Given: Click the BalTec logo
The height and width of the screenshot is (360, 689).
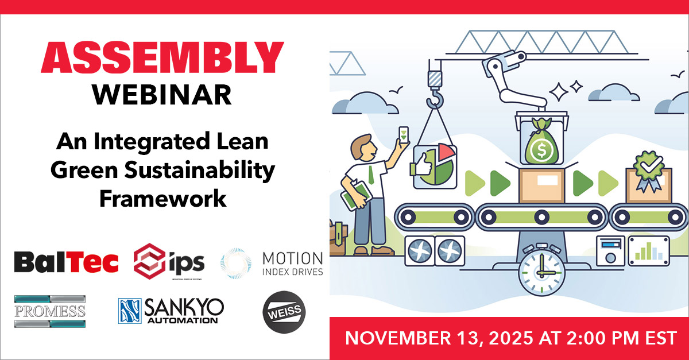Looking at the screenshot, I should [x=66, y=262].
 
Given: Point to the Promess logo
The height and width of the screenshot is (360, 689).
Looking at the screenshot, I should [x=50, y=311].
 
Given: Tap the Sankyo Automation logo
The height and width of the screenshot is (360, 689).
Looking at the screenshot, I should [x=171, y=311].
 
